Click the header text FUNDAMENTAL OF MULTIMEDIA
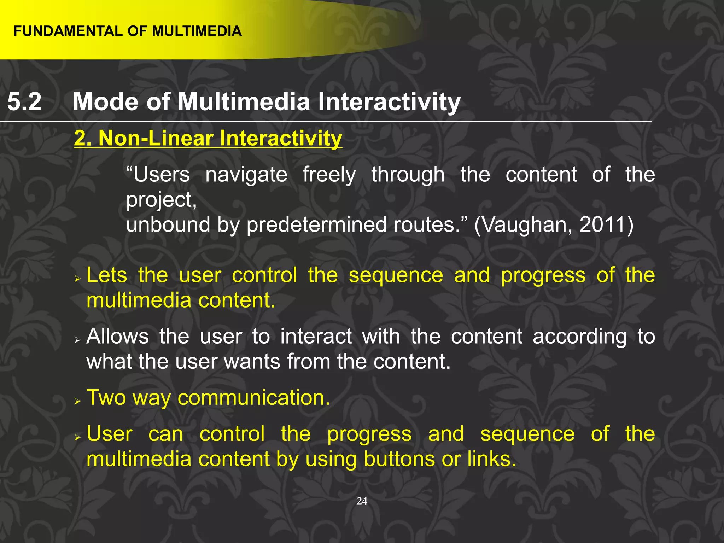click(x=127, y=31)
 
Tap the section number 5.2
click(x=24, y=102)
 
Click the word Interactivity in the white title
click(x=389, y=102)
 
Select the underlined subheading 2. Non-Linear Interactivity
click(x=208, y=138)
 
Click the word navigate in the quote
click(x=246, y=175)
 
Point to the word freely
click(x=329, y=175)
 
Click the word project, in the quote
click(x=161, y=200)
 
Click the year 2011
click(x=602, y=225)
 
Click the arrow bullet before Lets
click(x=78, y=279)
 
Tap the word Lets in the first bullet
click(x=106, y=275)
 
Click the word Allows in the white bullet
click(x=117, y=336)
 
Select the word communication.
click(x=253, y=398)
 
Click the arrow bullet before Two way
click(x=78, y=402)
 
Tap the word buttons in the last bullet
click(x=400, y=459)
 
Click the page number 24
click(x=362, y=501)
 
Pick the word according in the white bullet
click(x=579, y=336)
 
